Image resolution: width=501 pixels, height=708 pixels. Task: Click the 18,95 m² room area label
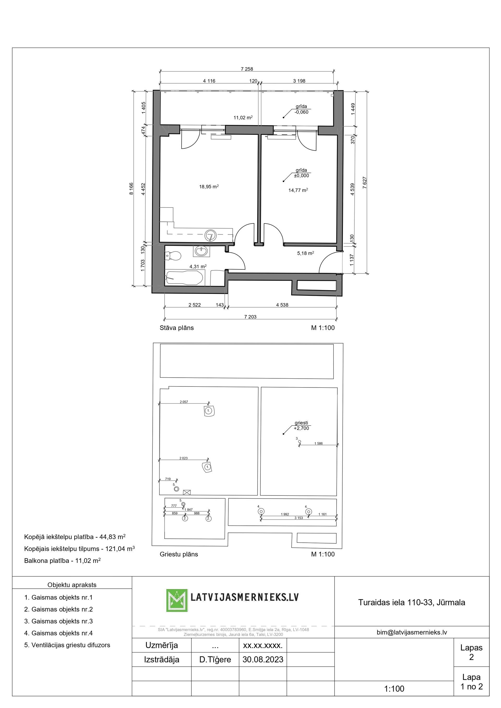(209, 186)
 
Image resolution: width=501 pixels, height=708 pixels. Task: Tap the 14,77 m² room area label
(298, 190)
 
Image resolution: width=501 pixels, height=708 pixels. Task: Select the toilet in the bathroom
(173, 255)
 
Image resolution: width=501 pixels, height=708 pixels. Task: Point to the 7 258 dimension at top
(247, 69)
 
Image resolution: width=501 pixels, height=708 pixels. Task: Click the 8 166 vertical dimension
(131, 189)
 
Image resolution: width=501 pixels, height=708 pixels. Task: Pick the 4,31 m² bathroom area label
(198, 267)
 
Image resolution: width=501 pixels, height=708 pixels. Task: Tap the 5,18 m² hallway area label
(305, 253)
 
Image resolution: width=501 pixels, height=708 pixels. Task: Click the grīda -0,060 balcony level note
(301, 109)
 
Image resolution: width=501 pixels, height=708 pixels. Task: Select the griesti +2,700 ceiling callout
(301, 426)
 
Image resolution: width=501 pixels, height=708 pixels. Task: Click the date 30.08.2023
(263, 659)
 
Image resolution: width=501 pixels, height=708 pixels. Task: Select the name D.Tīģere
(215, 659)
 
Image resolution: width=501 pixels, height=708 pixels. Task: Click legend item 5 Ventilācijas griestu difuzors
(67, 645)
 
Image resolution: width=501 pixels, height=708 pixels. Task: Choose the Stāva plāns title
(177, 328)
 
